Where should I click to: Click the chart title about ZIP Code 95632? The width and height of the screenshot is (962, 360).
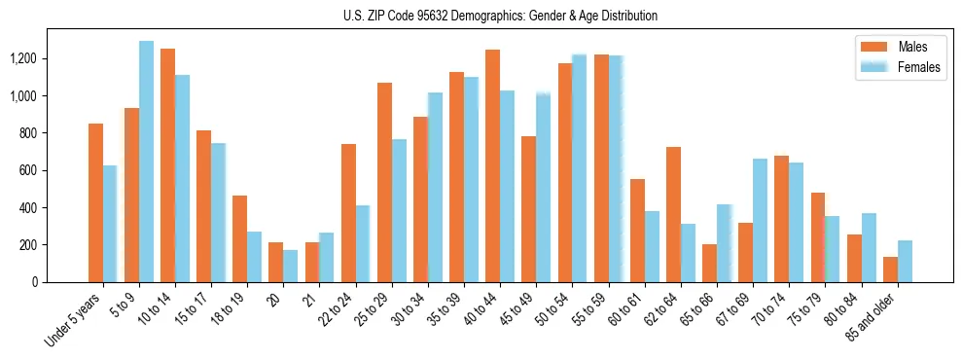pyautogui.click(x=500, y=16)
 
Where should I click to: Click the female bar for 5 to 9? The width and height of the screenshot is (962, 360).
pyautogui.click(x=146, y=162)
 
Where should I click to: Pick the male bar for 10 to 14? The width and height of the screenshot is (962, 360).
pyautogui.click(x=168, y=165)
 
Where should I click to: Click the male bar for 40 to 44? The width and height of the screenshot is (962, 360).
pyautogui.click(x=492, y=165)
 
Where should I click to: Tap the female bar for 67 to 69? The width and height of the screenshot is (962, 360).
pyautogui.click(x=760, y=220)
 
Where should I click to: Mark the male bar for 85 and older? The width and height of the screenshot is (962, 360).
pyautogui.click(x=890, y=270)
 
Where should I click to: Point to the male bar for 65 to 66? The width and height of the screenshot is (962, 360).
pyautogui.click(x=709, y=263)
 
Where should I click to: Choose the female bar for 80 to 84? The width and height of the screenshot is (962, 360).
pyautogui.click(x=869, y=247)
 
